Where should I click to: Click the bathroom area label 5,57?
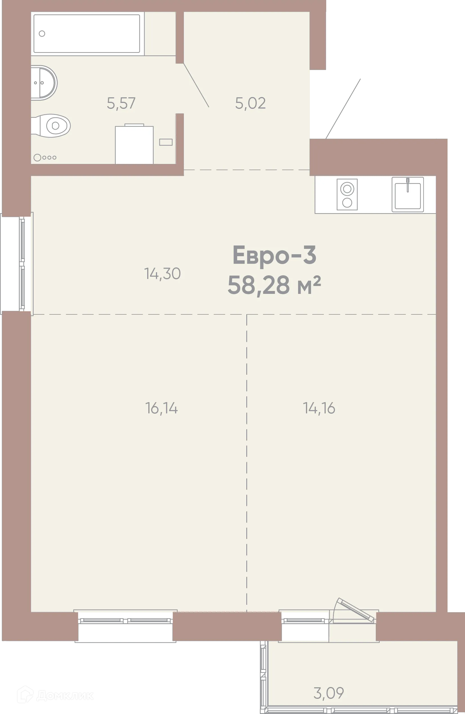click(x=121, y=103)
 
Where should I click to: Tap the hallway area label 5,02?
click(x=250, y=103)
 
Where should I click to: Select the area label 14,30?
click(x=162, y=274)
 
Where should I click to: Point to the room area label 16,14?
click(x=161, y=408)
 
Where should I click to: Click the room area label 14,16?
click(x=319, y=408)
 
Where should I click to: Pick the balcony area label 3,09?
click(x=328, y=693)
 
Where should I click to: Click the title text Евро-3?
click(x=274, y=255)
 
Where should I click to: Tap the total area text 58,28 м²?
click(x=274, y=285)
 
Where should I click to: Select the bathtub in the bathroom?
click(x=87, y=33)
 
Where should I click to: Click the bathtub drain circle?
click(x=42, y=33)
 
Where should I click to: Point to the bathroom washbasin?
click(x=44, y=82)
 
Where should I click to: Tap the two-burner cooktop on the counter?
click(x=347, y=194)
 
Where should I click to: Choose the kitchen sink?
click(x=407, y=195)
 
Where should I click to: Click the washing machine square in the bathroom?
click(x=134, y=145)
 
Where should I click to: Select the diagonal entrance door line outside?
click(x=344, y=107)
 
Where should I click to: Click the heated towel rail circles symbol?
click(x=45, y=157)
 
